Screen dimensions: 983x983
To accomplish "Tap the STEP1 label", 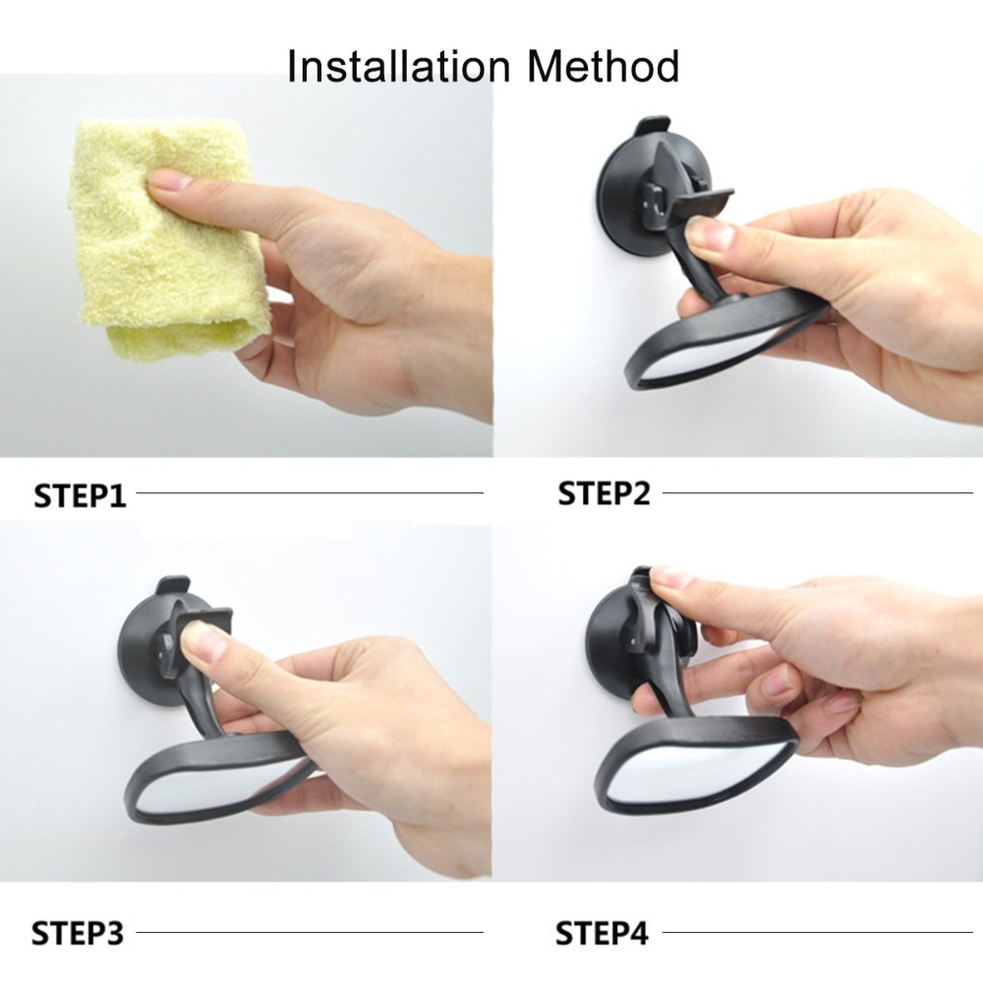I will tap(81, 494).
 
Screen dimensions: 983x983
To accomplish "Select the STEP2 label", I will tap(604, 492).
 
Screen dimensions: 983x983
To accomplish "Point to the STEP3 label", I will tap(79, 932).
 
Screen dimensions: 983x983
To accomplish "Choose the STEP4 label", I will tap(603, 932).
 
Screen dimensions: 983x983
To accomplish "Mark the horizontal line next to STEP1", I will tap(310, 492).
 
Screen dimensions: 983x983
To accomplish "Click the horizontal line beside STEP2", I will tap(816, 492).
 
